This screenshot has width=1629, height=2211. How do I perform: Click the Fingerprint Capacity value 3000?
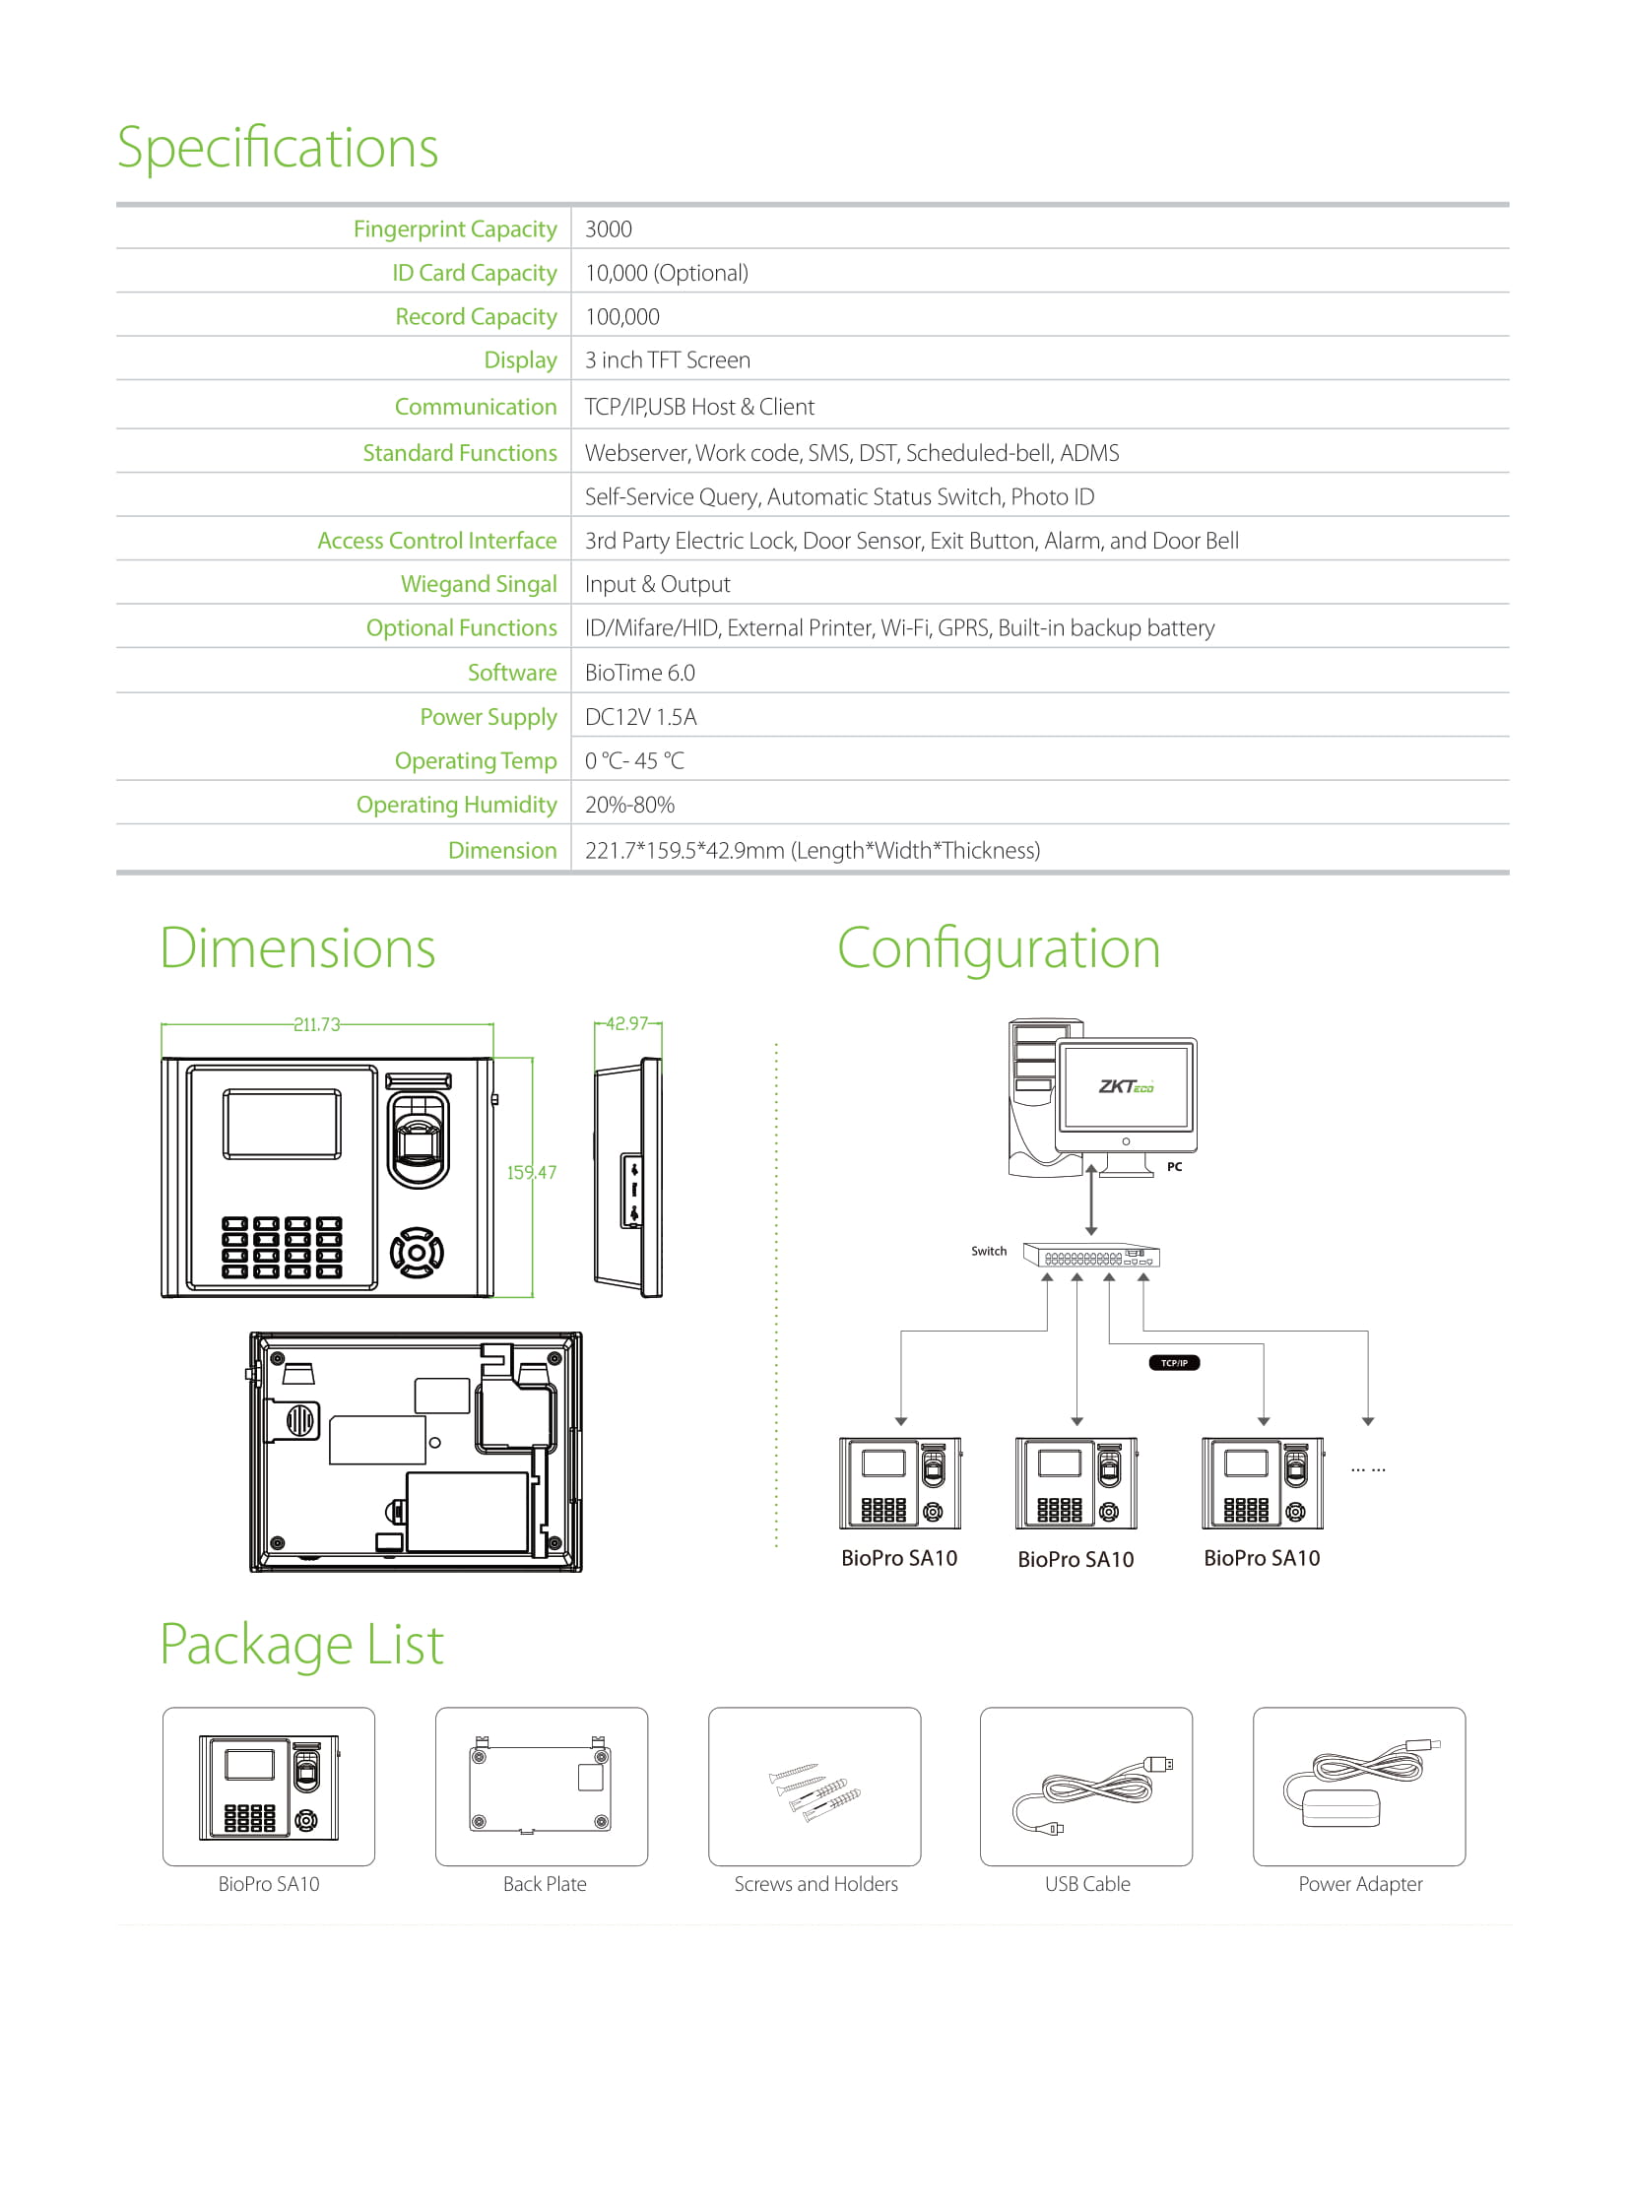pos(609,228)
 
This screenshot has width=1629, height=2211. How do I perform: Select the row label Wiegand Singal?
pos(479,584)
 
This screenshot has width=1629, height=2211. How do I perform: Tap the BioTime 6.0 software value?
pos(640,673)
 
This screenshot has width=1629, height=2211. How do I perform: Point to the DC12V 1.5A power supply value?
pos(641,717)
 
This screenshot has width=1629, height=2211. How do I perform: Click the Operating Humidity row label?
pos(457,805)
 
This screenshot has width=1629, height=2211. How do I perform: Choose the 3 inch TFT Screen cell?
pos(668,359)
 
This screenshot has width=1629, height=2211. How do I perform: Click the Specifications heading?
pos(277,148)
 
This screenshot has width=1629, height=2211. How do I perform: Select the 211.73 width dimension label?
pos(316,1024)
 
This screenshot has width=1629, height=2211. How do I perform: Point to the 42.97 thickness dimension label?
pos(627,1023)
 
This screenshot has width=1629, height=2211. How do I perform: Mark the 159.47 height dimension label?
pos(532,1173)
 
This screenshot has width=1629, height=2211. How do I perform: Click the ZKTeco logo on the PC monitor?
pos(1126,1086)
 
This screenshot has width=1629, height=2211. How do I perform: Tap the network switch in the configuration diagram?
pos(1090,1256)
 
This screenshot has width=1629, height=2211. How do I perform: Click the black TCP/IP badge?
pos(1174,1363)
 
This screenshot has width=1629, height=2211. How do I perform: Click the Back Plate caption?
pos(545,1884)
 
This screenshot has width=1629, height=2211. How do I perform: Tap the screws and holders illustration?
pos(814,1790)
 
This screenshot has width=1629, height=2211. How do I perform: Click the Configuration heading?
pos(999,948)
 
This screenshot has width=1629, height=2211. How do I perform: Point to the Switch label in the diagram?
pos(989,1252)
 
